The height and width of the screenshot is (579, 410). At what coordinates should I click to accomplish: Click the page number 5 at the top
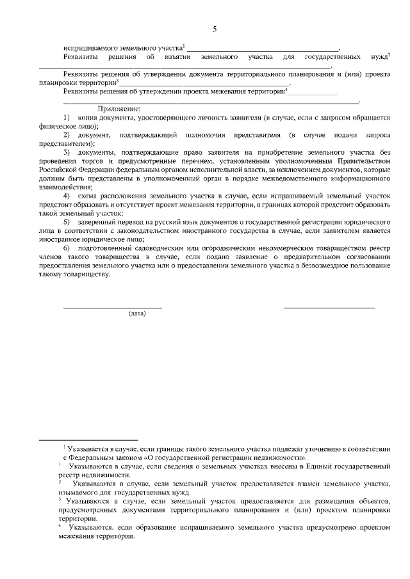215,29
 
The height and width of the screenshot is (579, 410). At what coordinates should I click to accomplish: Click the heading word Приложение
119,109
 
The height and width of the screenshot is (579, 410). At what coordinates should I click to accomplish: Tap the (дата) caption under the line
137,313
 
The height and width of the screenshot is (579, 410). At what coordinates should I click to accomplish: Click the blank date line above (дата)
112,308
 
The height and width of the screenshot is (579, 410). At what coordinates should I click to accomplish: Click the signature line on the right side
329,308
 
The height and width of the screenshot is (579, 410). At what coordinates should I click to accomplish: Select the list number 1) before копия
67,118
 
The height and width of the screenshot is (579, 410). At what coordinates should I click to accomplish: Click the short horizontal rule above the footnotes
88,440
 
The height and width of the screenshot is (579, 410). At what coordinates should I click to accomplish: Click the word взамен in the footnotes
304,484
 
